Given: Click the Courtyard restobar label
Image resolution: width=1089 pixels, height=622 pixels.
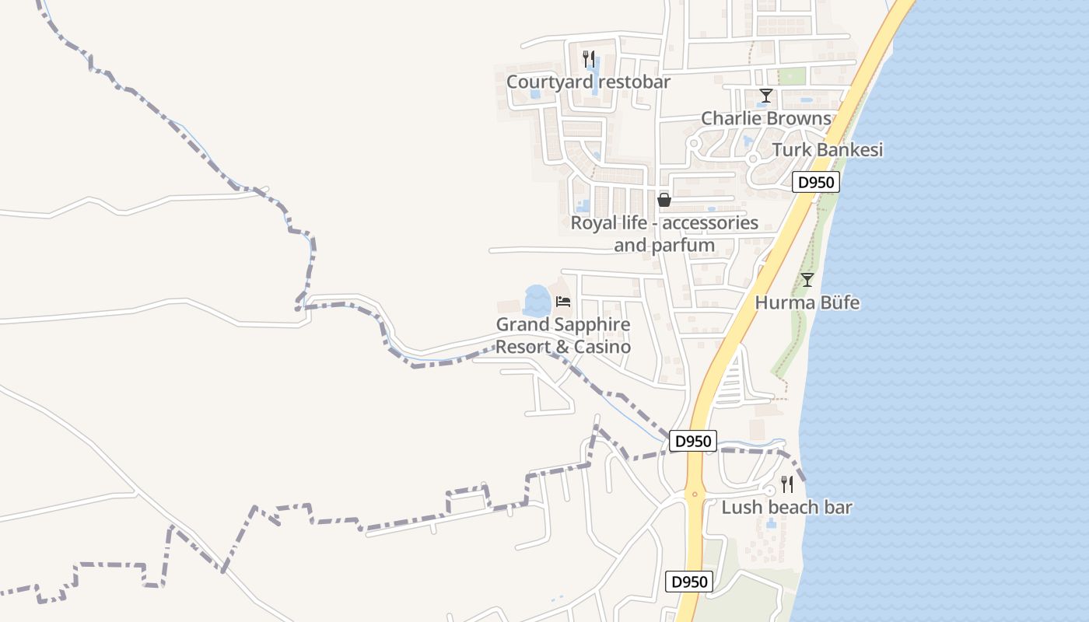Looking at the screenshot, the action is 588,82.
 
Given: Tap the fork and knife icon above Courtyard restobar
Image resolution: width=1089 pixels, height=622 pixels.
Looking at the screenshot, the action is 589,58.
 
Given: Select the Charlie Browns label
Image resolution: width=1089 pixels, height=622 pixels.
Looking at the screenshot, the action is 766,118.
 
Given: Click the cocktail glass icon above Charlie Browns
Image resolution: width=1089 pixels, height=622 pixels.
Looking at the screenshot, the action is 766,96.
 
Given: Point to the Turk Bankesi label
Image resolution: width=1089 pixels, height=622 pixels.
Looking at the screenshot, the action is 828,150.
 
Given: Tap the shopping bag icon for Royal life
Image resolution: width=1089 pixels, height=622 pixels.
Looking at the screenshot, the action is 664,200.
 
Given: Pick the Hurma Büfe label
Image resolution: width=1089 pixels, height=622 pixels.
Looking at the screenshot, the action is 807,302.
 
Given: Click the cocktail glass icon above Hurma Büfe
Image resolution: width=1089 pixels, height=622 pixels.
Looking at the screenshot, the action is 807,280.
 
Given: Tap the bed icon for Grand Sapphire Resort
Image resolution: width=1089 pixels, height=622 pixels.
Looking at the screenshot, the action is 563,302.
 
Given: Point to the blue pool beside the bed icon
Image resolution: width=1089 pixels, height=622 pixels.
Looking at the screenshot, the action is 537,300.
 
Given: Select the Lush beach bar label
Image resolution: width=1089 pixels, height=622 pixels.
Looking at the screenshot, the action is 786,508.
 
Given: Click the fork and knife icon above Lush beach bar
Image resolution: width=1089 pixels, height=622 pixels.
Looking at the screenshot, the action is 787,484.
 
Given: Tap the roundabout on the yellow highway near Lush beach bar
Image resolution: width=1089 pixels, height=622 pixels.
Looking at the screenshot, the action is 695,493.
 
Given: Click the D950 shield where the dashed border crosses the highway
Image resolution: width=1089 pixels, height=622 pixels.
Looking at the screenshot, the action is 692,441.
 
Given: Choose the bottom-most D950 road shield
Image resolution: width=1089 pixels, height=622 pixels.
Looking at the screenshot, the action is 690,582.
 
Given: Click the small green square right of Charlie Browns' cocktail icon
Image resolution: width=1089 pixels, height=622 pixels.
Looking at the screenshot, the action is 792,76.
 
